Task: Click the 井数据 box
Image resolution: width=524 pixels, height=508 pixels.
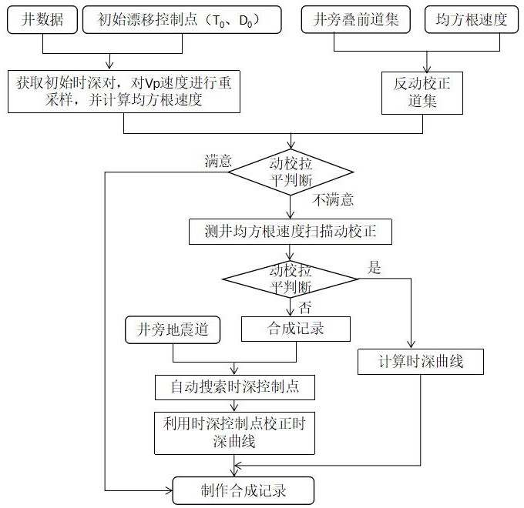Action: [x=42, y=20]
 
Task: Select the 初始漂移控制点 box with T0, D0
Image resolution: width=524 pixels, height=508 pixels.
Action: [x=182, y=20]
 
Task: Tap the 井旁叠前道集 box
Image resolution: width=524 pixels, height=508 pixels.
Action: [x=355, y=20]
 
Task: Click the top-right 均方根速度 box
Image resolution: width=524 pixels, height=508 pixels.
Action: [x=471, y=20]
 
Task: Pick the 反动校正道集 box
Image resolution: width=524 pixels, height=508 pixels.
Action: [x=422, y=93]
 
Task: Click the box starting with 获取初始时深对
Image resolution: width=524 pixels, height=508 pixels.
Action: [x=124, y=92]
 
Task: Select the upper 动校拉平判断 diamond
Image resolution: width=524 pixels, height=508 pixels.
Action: [x=291, y=172]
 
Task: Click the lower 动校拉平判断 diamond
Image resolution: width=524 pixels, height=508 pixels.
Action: [x=290, y=279]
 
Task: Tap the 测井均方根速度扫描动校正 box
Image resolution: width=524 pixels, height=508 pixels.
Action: [x=291, y=232]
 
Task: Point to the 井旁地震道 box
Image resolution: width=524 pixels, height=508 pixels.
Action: [x=173, y=329]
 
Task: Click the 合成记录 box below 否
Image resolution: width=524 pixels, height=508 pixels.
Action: [x=296, y=329]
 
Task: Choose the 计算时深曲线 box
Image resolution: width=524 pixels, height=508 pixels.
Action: [x=421, y=362]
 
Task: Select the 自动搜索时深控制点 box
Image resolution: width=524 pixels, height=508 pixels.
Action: [x=235, y=387]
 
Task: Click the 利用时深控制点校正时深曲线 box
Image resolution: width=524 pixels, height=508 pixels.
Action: [x=234, y=433]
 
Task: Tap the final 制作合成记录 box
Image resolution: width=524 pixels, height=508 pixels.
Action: [x=244, y=490]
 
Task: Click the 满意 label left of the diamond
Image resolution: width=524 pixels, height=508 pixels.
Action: [x=218, y=162]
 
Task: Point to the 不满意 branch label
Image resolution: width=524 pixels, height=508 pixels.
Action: [x=333, y=200]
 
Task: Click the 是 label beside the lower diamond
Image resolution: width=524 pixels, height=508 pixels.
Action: [x=374, y=268]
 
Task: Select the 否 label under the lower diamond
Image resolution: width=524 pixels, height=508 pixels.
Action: [x=305, y=307]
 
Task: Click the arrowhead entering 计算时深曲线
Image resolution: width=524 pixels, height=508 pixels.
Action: [x=411, y=345]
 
